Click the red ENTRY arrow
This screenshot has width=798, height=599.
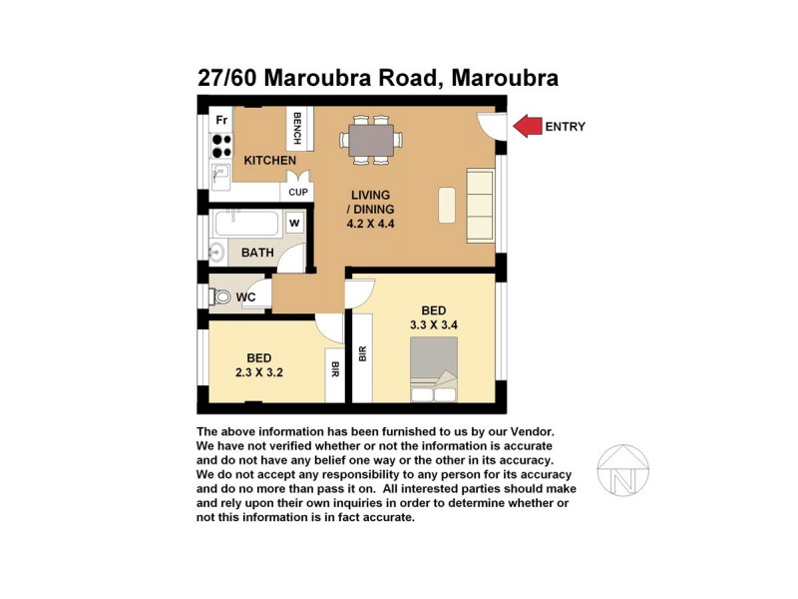pyautogui.click(x=529, y=126)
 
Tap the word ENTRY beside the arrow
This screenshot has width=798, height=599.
pyautogui.click(x=565, y=127)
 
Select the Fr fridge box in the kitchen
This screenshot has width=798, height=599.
pyautogui.click(x=221, y=120)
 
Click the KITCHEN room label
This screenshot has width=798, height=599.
pyautogui.click(x=270, y=160)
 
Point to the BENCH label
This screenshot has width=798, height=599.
pyautogui.click(x=296, y=128)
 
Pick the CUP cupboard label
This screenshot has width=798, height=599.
pyautogui.click(x=297, y=192)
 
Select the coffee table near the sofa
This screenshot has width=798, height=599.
pyautogui.click(x=447, y=205)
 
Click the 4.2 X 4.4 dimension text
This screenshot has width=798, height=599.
pyautogui.click(x=371, y=225)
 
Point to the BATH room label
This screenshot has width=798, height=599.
pyautogui.click(x=256, y=253)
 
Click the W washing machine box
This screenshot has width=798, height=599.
pyautogui.click(x=295, y=223)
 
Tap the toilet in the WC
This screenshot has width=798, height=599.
pyautogui.click(x=220, y=297)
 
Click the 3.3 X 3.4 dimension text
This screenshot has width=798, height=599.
pyautogui.click(x=433, y=324)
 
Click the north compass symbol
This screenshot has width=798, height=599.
pyautogui.click(x=622, y=470)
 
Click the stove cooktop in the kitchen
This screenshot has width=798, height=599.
pyautogui.click(x=221, y=147)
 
